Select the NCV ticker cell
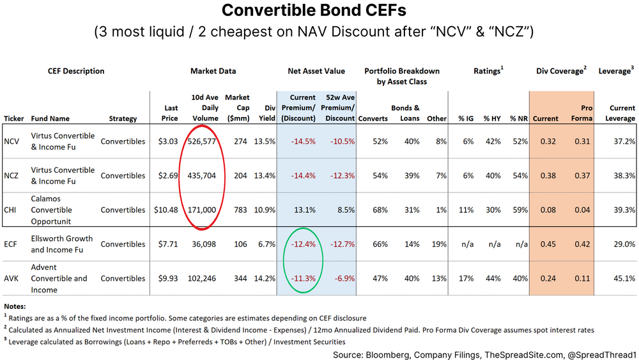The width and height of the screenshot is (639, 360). point(13,141)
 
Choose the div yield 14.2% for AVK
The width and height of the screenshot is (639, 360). point(266,278)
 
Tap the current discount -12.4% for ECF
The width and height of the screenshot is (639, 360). point(303,244)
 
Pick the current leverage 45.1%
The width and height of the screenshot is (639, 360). point(623,278)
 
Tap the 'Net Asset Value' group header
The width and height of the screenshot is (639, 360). point(316,71)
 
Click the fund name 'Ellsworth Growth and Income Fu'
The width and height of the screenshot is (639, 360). point(62,244)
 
